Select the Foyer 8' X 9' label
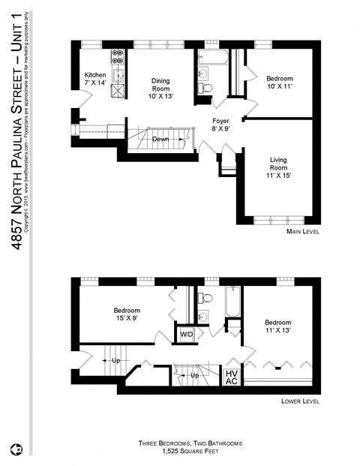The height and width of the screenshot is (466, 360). (x=220, y=124)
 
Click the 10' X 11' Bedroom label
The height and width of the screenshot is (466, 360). (x=279, y=83)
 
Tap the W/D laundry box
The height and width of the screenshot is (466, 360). (x=185, y=334)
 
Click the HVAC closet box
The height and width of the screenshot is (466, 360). (x=231, y=377)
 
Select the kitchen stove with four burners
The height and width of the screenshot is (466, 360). (x=118, y=57)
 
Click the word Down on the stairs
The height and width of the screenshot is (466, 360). (x=160, y=140)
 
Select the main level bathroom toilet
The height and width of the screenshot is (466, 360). (x=207, y=89)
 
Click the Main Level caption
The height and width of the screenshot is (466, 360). (x=303, y=232)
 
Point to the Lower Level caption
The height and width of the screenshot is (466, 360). (x=301, y=401)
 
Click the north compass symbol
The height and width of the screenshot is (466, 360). (x=16, y=450)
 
